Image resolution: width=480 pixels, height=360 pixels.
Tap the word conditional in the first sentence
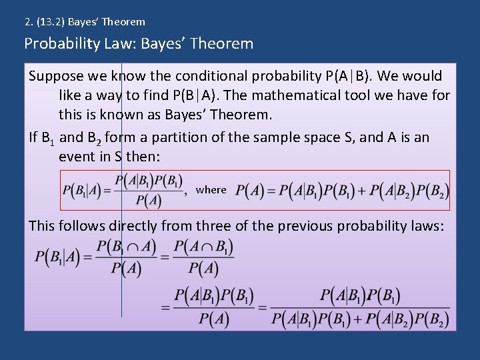pyautogui.click(x=207, y=76)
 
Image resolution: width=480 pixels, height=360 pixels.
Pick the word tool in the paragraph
pyautogui.click(x=359, y=95)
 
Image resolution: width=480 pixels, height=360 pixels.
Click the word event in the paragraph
pyautogui.click(x=76, y=157)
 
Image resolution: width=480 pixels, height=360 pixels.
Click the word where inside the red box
pyautogui.click(x=211, y=190)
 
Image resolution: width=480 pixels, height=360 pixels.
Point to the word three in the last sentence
pyautogui.click(x=213, y=226)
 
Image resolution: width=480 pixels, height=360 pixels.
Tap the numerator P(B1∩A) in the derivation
pyautogui.click(x=126, y=247)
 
